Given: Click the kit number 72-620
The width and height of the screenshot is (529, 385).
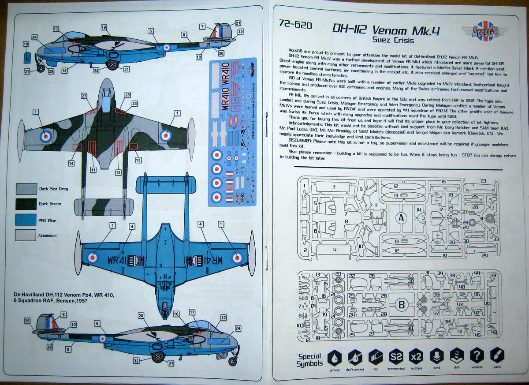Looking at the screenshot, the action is click(x=295, y=26).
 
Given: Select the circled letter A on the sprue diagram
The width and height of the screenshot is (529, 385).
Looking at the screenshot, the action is click(x=401, y=217).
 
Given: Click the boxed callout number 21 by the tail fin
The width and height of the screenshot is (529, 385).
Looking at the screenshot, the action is click(x=238, y=23).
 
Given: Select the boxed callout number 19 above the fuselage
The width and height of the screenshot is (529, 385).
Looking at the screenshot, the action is click(x=104, y=27).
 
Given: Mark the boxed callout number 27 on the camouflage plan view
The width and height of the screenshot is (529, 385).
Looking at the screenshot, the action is click(x=84, y=95).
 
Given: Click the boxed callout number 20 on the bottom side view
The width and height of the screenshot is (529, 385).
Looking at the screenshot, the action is click(x=141, y=315).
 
